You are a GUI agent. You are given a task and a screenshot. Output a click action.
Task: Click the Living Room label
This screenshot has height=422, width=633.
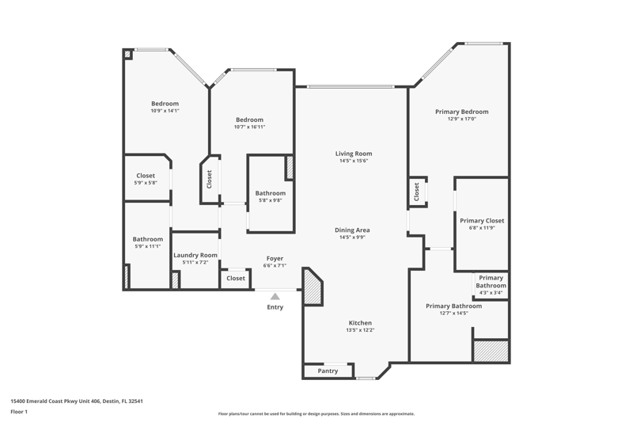pos(354,154)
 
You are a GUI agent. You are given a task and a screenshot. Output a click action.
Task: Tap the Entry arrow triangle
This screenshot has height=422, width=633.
pos(275,297)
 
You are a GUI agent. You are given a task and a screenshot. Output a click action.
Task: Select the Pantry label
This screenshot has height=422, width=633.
pos(328,371)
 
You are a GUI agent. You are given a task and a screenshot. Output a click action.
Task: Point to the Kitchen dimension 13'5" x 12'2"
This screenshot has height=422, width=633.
pos(360,330)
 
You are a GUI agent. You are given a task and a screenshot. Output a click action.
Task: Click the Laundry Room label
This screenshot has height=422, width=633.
pos(195,255)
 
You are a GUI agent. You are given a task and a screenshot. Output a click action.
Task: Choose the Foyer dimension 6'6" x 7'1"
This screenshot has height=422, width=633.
pos(275,265)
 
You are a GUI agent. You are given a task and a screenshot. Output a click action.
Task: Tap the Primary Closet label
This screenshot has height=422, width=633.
pos(482,221)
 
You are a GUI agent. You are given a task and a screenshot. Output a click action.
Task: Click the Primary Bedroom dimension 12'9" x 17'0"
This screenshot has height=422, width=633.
pos(462,119)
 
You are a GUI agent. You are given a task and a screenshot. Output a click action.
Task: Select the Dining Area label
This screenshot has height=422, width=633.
pos(352,230)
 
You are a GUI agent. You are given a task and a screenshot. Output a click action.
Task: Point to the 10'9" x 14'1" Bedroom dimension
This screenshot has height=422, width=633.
pos(165,111)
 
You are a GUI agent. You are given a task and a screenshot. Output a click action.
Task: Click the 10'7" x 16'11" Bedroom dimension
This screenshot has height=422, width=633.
pos(249,127)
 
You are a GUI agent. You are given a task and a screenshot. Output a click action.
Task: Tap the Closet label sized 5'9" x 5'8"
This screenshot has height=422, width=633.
pos(146,176)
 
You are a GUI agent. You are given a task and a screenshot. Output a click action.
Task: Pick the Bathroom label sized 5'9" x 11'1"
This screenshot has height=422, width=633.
pos(148,239)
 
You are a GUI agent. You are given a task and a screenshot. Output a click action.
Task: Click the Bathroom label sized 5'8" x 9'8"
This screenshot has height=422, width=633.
pos(271,193)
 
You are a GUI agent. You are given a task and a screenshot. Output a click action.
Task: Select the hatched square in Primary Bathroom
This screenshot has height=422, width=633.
pos(491,351)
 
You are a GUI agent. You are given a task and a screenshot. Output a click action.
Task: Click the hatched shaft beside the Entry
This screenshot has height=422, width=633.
pos(313,287)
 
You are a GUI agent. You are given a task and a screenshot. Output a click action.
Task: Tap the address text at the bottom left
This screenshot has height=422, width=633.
pos(77,401)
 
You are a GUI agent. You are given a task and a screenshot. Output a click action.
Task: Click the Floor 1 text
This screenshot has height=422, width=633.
pos(19,412)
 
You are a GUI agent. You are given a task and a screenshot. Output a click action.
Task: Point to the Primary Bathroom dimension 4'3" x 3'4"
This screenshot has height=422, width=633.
pos(491,293)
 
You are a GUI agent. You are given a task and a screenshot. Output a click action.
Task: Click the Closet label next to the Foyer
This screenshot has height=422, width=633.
pos(236,278)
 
